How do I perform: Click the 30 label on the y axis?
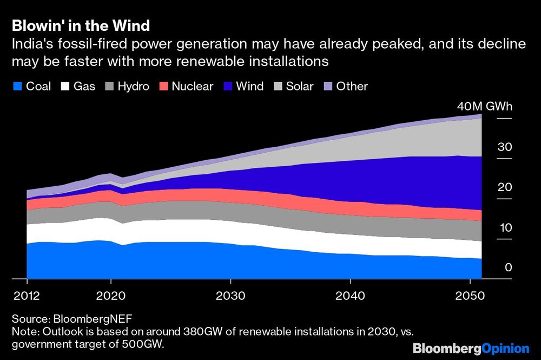[504, 147]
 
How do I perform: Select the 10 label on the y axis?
[504, 227]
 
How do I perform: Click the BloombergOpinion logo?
[471, 348]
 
